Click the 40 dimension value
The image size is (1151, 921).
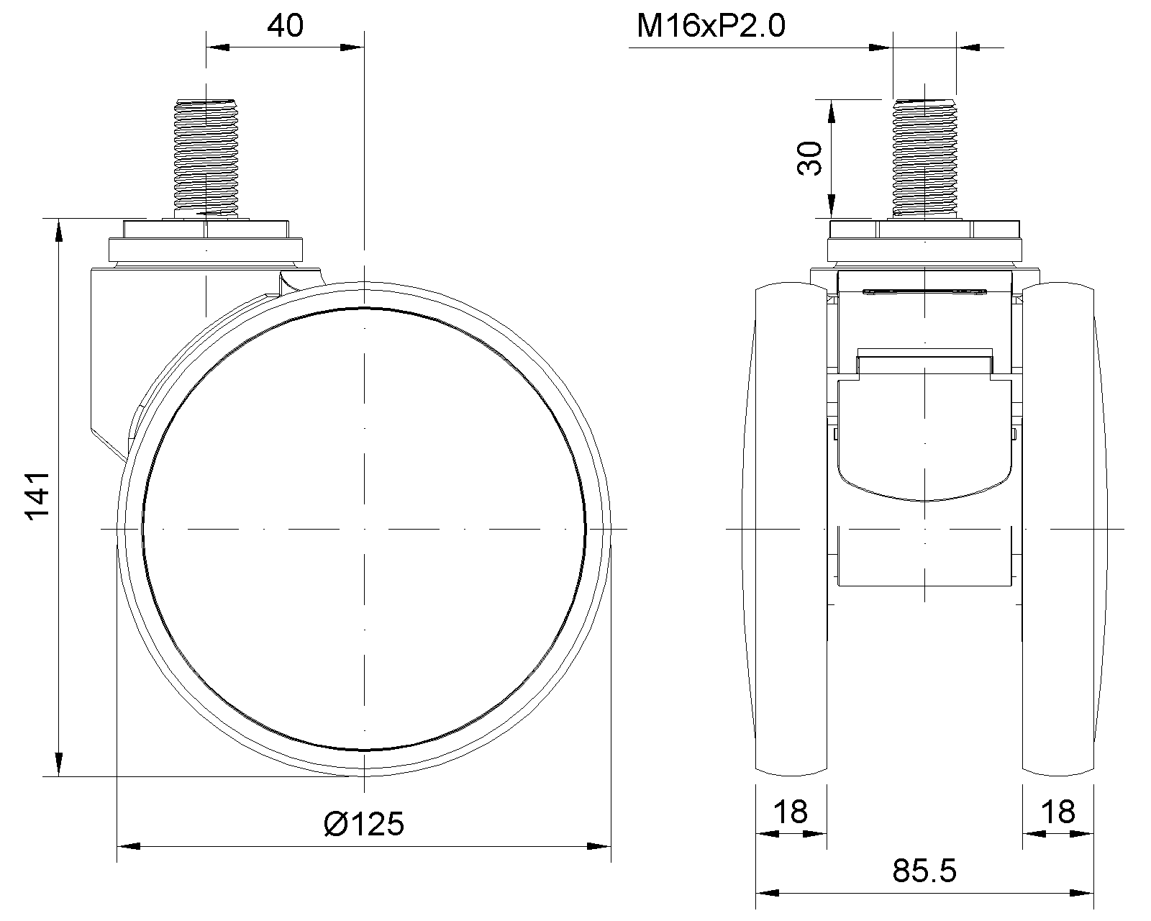[x=285, y=26]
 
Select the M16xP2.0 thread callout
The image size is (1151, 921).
[x=711, y=26]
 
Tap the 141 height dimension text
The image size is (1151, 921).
[x=38, y=496]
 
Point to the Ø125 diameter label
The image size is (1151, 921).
[x=364, y=824]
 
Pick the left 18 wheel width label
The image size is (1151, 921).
[x=791, y=812]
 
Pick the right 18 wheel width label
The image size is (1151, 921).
[x=1058, y=812]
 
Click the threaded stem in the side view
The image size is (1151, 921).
[x=206, y=158]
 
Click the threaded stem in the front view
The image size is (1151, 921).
[x=925, y=159]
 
